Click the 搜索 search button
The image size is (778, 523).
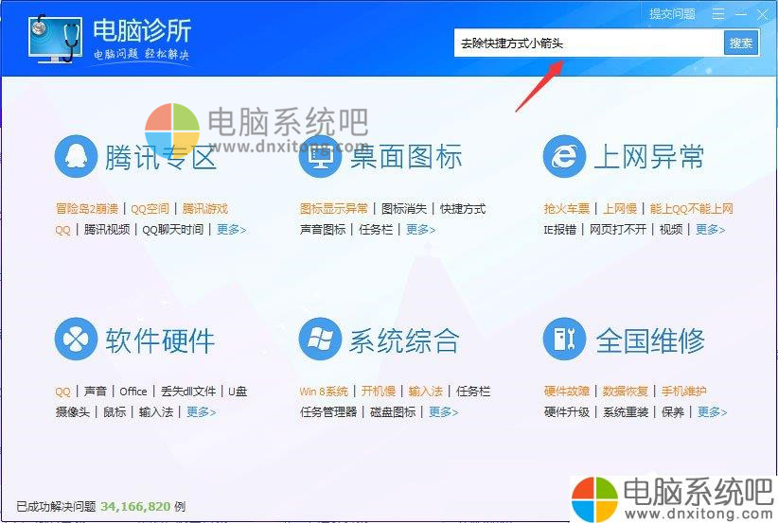(x=741, y=44)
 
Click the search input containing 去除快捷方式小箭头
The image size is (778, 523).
(x=589, y=44)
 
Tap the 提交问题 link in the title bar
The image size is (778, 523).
(x=672, y=14)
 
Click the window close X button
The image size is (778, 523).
(x=763, y=14)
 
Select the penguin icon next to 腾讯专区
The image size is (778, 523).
(x=76, y=157)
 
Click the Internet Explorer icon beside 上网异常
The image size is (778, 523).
(x=565, y=157)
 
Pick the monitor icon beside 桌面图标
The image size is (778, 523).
(x=320, y=157)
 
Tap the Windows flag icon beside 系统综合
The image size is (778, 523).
(x=320, y=340)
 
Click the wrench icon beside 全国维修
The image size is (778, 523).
(x=565, y=340)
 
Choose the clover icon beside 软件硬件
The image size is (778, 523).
(x=76, y=340)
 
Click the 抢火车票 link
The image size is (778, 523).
(x=567, y=209)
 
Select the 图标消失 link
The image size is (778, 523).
(x=404, y=209)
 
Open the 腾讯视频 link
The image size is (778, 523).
(x=107, y=230)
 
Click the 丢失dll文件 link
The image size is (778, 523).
(x=188, y=392)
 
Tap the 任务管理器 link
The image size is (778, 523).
(x=328, y=412)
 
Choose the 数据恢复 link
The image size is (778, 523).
(x=626, y=392)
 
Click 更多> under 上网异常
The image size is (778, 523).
(x=710, y=230)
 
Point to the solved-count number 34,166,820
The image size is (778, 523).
(x=135, y=507)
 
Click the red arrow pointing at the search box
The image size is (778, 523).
(x=539, y=86)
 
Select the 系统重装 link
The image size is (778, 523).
(x=626, y=412)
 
